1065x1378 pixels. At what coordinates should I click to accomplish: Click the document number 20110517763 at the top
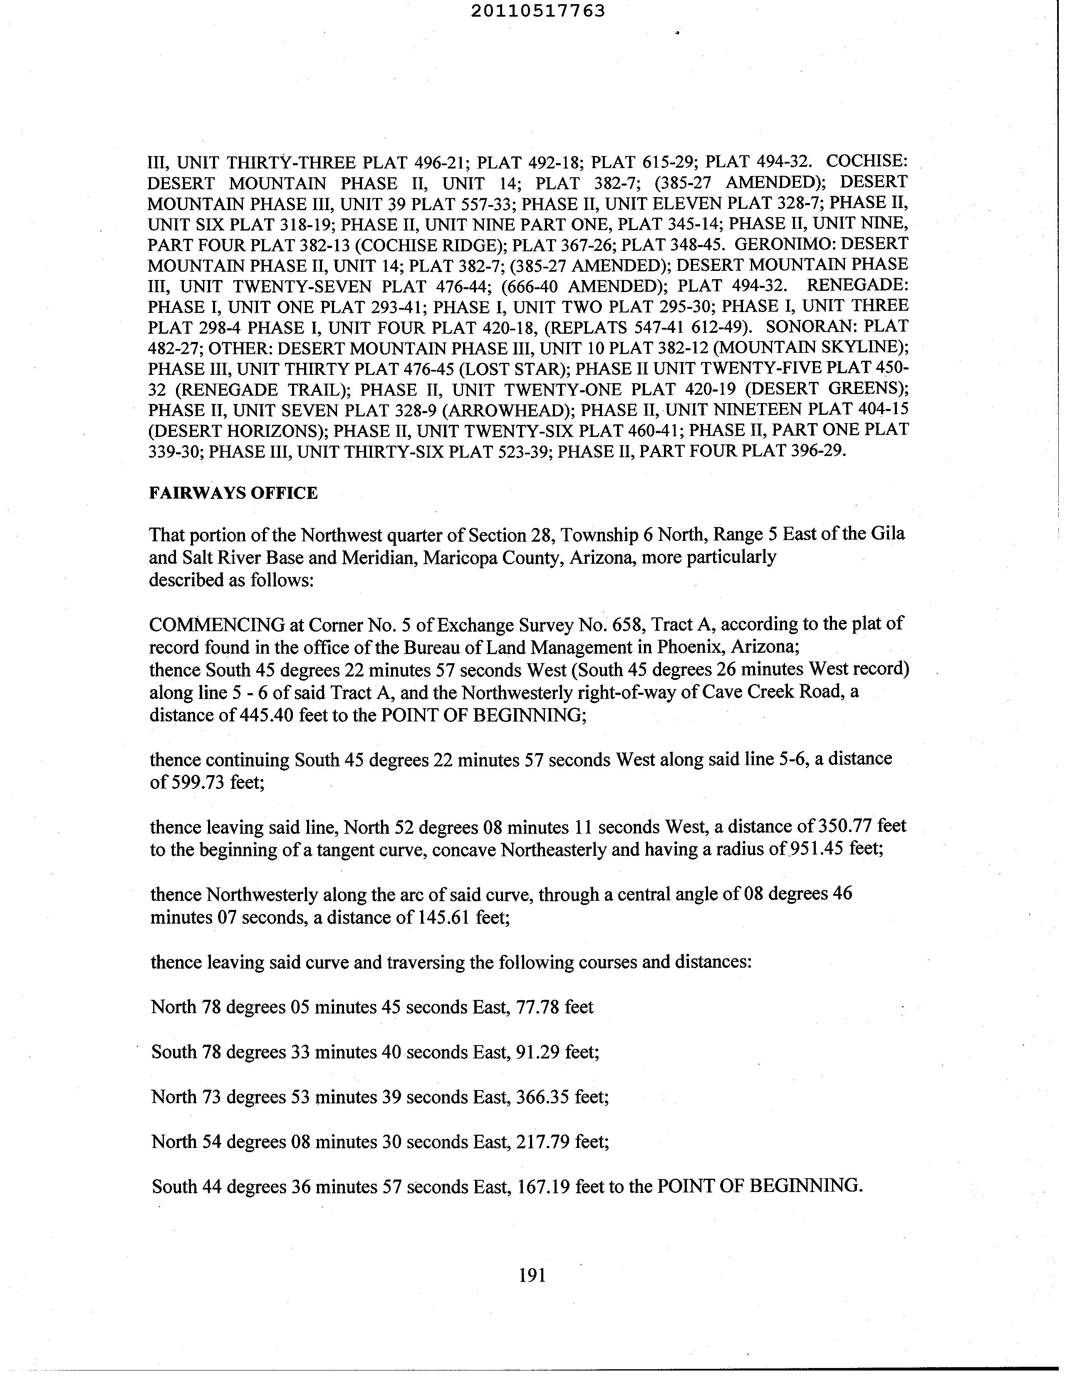pyautogui.click(x=537, y=11)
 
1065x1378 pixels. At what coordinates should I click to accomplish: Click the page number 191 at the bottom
pyautogui.click(x=532, y=1276)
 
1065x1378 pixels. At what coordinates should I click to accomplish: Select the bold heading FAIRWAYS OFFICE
pyautogui.click(x=233, y=493)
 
